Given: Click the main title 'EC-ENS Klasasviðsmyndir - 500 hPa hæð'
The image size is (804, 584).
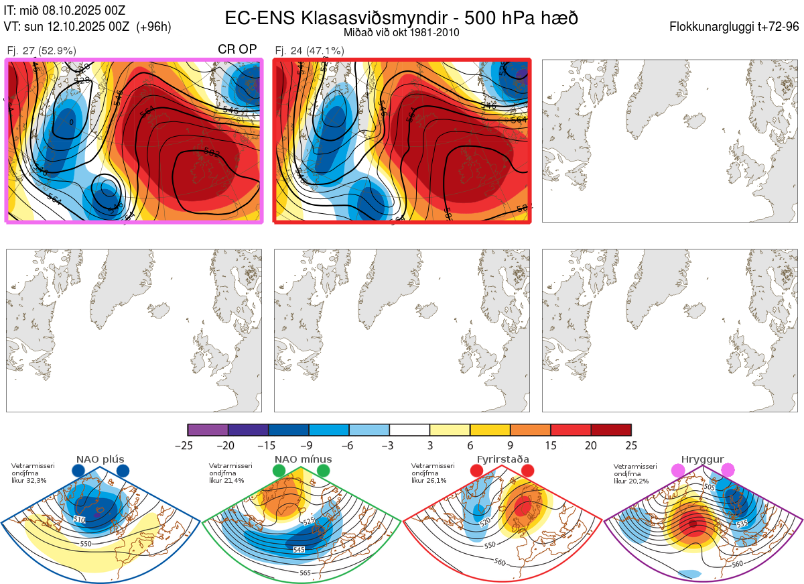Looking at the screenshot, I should click(x=401, y=18).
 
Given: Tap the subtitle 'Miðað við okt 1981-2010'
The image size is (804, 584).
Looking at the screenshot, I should click(x=401, y=33).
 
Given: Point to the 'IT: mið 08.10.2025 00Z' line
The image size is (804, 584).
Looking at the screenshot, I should click(x=64, y=11).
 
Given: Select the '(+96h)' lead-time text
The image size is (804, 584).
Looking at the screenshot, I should click(x=153, y=27).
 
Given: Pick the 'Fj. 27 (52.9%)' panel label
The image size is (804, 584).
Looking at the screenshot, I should click(x=42, y=50).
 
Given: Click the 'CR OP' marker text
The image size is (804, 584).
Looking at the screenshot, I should click(x=237, y=50).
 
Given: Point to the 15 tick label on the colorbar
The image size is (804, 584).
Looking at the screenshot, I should click(x=551, y=445).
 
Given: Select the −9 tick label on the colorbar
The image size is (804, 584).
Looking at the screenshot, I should click(x=309, y=445).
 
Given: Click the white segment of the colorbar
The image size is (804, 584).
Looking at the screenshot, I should click(x=409, y=430).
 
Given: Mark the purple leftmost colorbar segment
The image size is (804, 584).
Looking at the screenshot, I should click(x=208, y=430).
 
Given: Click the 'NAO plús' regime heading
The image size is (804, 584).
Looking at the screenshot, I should click(x=100, y=459).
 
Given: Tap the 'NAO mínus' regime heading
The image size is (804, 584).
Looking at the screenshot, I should click(x=303, y=459).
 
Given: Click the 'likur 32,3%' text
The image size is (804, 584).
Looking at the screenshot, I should click(x=29, y=481).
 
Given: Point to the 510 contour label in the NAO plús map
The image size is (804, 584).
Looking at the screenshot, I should click(x=80, y=520).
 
